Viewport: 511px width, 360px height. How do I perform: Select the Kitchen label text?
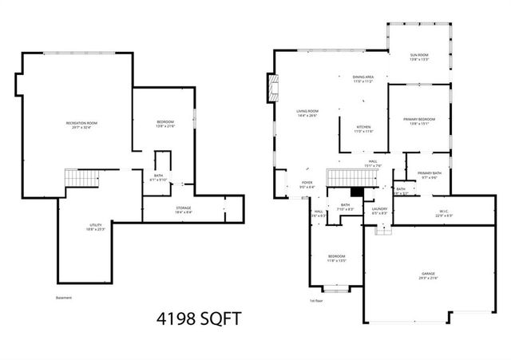pos(364,129)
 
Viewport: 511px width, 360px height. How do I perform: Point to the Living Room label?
pos(307,113)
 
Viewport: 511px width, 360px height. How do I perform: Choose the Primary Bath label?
pos(429,175)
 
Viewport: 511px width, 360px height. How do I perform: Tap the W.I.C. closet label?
pos(444,213)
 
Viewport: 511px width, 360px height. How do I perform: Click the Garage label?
pos(428,275)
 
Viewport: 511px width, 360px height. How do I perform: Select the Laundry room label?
pos(379,211)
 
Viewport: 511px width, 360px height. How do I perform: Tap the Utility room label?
pos(95,227)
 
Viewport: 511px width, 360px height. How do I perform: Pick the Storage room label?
pos(184,210)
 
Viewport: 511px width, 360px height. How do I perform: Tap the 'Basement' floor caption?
pos(64,298)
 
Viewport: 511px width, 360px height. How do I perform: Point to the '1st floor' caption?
pos(317,301)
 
